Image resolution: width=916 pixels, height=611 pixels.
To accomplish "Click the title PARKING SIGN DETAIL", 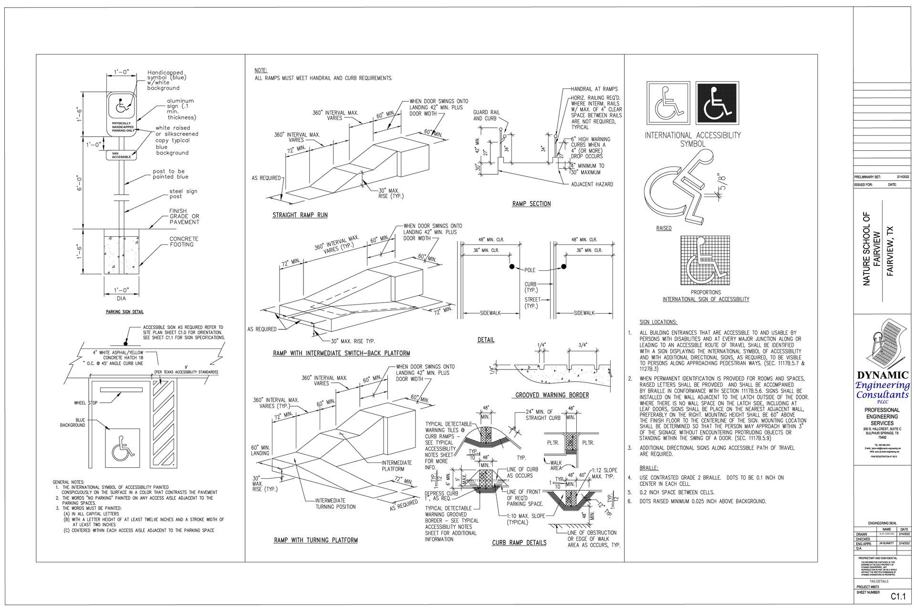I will click(x=125, y=312).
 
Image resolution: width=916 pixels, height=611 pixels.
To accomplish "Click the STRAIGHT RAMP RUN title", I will click(x=300, y=215).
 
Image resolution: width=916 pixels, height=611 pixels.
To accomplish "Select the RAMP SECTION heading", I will click(x=531, y=204).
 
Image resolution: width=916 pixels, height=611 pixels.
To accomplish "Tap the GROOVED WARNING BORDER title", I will click(x=552, y=395).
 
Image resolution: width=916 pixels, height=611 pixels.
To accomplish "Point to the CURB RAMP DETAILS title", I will click(x=519, y=542).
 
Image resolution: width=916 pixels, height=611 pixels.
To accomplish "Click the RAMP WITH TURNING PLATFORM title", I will click(x=315, y=540).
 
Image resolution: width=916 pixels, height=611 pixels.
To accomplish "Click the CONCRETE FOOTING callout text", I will click(x=184, y=242).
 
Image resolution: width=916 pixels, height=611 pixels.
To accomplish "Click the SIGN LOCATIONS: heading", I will click(x=658, y=322).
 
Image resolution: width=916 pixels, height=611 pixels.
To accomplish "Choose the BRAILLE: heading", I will click(x=648, y=468).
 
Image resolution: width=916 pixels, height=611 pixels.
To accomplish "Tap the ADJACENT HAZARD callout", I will click(x=592, y=184).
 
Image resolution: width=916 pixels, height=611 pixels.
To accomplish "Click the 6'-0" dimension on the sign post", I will click(x=81, y=182).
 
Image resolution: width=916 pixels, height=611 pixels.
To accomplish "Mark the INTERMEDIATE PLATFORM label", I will click(x=396, y=465).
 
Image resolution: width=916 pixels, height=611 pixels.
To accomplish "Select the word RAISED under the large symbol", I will click(x=664, y=228).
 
